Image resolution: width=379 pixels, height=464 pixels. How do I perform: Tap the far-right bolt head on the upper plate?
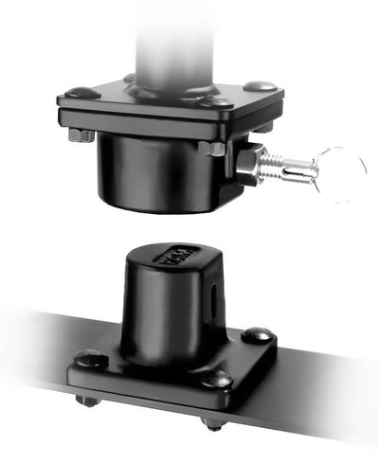coord(261,87)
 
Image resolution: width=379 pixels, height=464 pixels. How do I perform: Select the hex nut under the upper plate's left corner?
coord(81,135)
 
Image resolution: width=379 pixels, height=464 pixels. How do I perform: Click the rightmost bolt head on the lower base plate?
coord(257,334)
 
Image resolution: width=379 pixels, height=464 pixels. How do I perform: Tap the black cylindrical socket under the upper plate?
coord(152,170)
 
